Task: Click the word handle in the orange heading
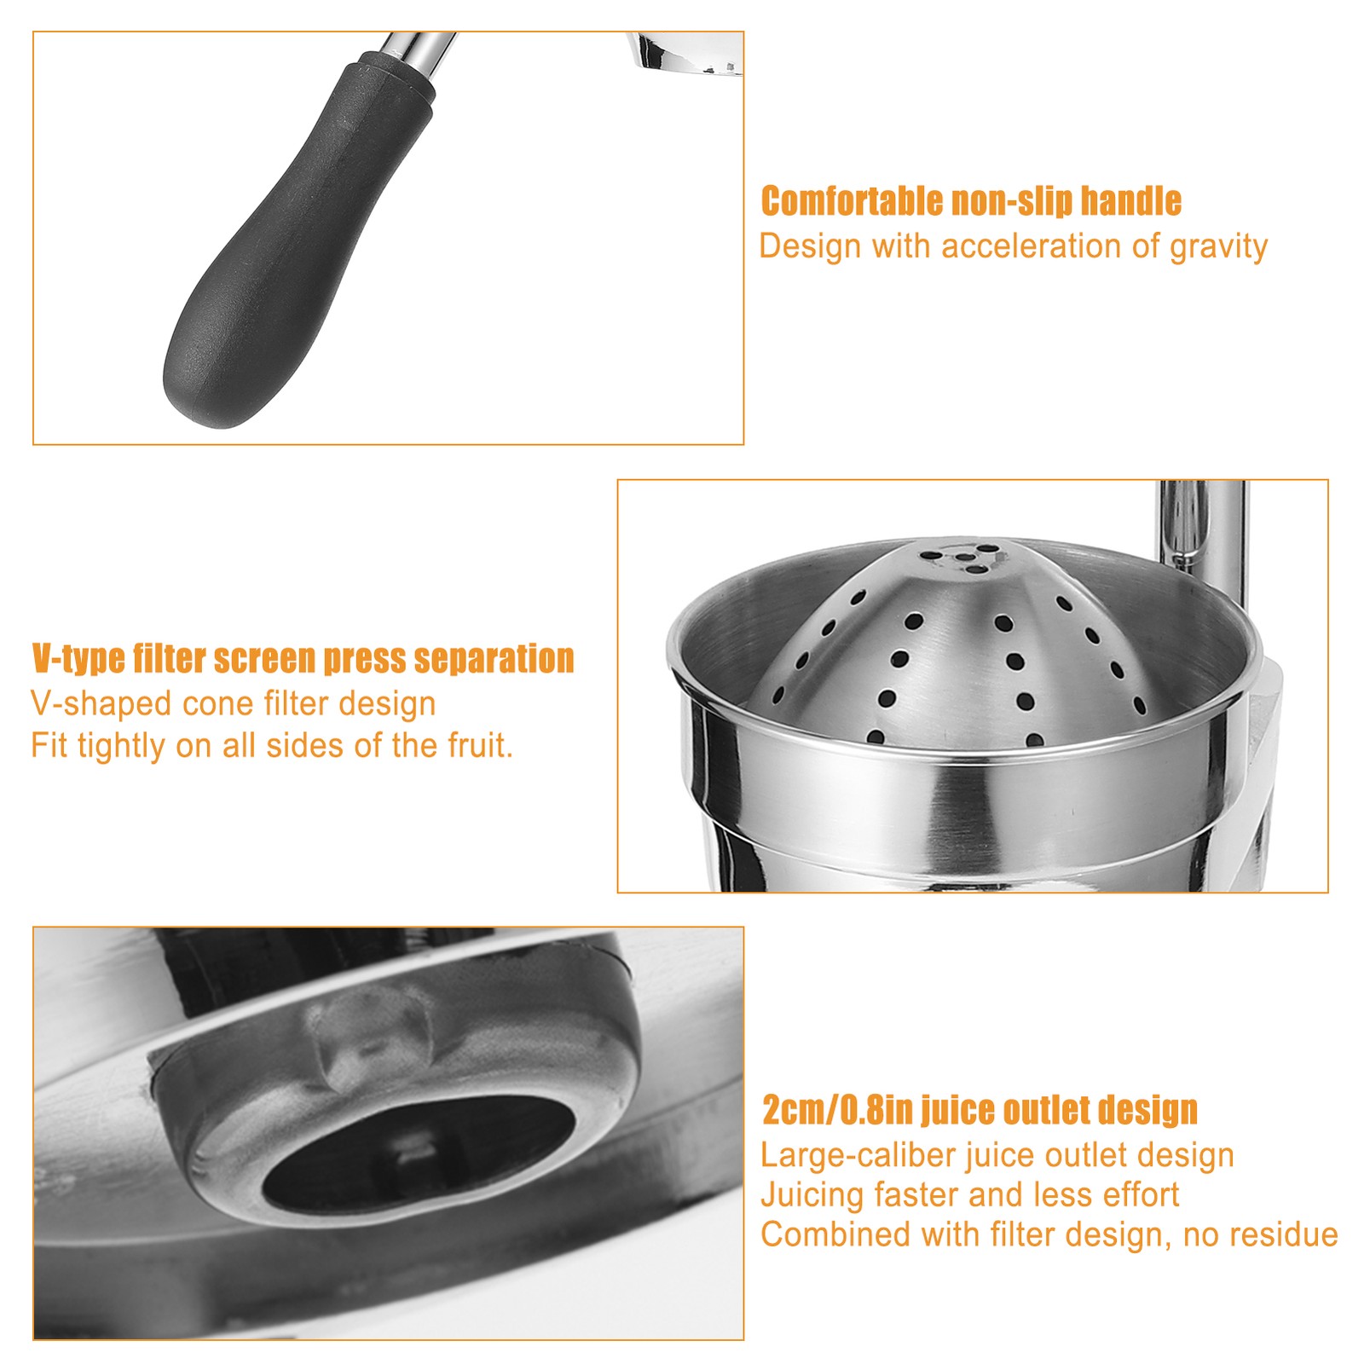pyautogui.click(x=1130, y=201)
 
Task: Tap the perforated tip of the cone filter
pyautogui.click(x=962, y=555)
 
